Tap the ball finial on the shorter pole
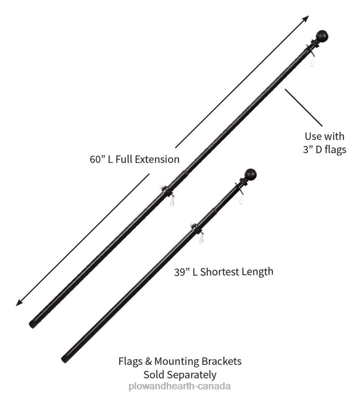tap(250, 174)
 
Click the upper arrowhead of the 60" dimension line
tap(306, 18)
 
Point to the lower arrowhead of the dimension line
tap(19, 303)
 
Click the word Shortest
tap(220, 272)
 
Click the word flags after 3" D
tap(336, 150)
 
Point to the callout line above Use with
tap(304, 108)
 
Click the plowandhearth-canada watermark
tap(180, 387)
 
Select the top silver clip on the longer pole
tap(312, 61)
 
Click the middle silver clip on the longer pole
tap(172, 201)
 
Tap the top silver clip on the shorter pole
tap(241, 200)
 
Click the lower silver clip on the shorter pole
tap(201, 238)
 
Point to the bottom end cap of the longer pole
tap(32, 324)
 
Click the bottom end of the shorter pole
tap(64, 359)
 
